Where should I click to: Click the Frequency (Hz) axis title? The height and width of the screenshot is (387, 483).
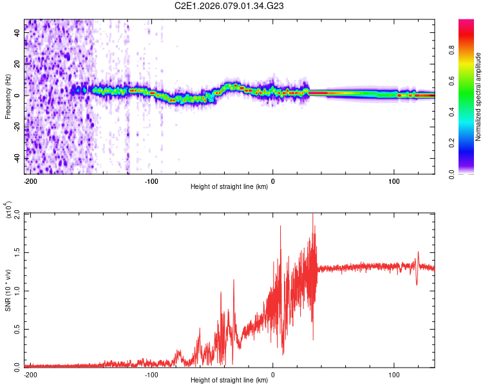tap(8, 96)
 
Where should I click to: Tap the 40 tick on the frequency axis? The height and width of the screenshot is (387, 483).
tap(17, 32)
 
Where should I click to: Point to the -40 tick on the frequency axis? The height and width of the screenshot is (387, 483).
tap(17, 158)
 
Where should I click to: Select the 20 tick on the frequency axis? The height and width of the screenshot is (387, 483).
tap(17, 64)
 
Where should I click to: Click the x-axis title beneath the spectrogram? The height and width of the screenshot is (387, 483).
tap(229, 187)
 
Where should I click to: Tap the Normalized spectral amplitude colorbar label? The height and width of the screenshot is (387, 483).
tap(478, 96)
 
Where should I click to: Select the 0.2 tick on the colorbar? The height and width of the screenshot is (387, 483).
tap(471, 143)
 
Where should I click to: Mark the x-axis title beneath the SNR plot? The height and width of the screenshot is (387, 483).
tap(229, 381)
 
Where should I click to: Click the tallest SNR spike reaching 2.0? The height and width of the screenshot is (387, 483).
tap(313, 215)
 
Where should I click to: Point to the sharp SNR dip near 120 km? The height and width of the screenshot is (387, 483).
tap(416, 284)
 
